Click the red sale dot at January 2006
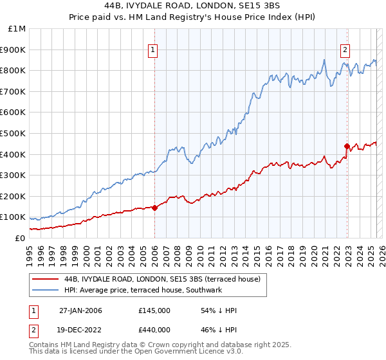click(155, 207)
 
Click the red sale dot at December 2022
click(347, 146)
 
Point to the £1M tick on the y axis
click(17, 28)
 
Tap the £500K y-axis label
click(13, 133)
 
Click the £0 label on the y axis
click(19, 238)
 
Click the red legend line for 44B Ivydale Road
click(46, 279)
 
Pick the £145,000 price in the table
click(154, 310)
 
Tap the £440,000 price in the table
click(154, 329)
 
